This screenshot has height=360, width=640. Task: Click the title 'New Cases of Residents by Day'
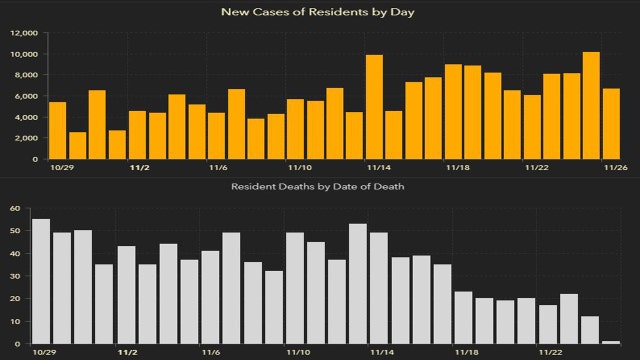[319, 12]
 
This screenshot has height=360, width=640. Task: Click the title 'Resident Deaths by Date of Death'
[319, 186]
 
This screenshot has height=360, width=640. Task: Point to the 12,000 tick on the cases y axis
[23, 32]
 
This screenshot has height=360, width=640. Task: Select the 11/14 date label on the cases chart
[378, 168]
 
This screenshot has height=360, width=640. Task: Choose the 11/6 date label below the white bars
[211, 352]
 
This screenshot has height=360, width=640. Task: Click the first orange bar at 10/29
[57, 130]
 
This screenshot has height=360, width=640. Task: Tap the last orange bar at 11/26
[611, 124]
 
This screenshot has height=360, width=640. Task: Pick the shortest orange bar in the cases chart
[77, 145]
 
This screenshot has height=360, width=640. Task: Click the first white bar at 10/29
[41, 281]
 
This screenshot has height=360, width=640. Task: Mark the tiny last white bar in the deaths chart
[611, 342]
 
